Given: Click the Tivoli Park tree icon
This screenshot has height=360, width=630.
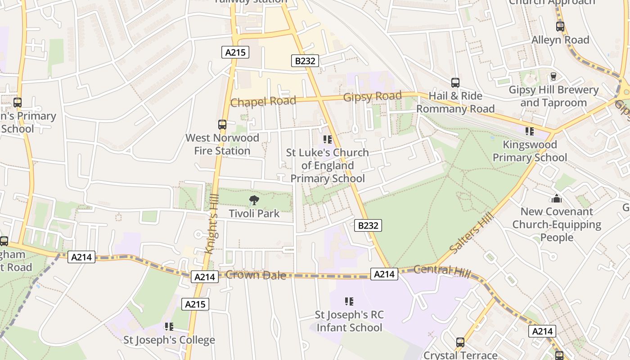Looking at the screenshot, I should (254, 200).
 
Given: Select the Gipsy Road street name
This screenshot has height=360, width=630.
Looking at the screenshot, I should (372, 97).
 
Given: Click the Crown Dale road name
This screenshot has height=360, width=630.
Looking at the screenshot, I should (256, 275).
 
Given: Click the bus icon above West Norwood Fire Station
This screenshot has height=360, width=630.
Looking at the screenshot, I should (222, 125).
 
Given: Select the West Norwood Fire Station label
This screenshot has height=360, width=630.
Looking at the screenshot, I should (222, 144).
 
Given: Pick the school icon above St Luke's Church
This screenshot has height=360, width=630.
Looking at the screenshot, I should (327, 139).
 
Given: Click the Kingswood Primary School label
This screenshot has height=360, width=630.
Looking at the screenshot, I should (530, 151).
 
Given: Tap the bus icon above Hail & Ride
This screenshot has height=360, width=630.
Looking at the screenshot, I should (455, 83).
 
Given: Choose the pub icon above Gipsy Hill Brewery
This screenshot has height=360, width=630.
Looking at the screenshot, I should (553, 76).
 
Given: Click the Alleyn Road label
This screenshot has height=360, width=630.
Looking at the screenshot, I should (560, 40).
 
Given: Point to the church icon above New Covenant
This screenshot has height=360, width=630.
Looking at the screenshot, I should (557, 198).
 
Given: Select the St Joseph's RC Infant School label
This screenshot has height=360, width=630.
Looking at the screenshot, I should (349, 321).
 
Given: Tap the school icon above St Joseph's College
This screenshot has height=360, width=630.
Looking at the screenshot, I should (169, 326).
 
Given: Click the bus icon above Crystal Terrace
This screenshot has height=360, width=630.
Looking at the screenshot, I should (460, 342).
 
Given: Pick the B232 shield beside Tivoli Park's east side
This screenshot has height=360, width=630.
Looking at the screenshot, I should (368, 225).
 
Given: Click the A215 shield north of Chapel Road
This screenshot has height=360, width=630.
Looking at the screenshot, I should (235, 52).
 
